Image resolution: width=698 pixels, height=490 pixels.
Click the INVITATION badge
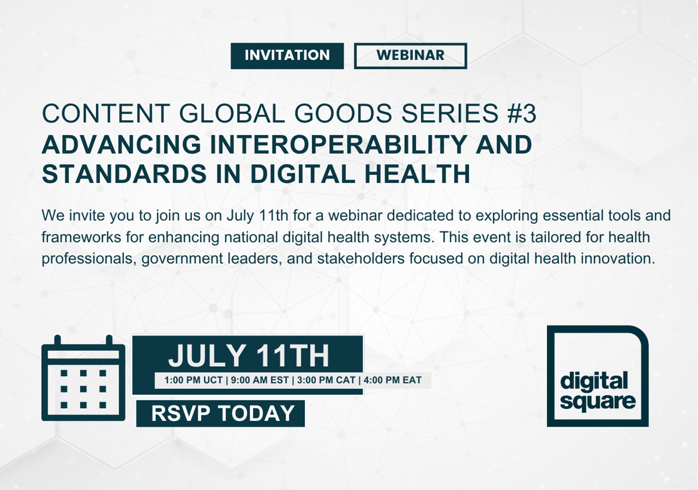point(287,56)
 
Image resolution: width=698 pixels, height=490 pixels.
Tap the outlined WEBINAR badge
point(410,56)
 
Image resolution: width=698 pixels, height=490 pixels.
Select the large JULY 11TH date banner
point(248,356)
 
